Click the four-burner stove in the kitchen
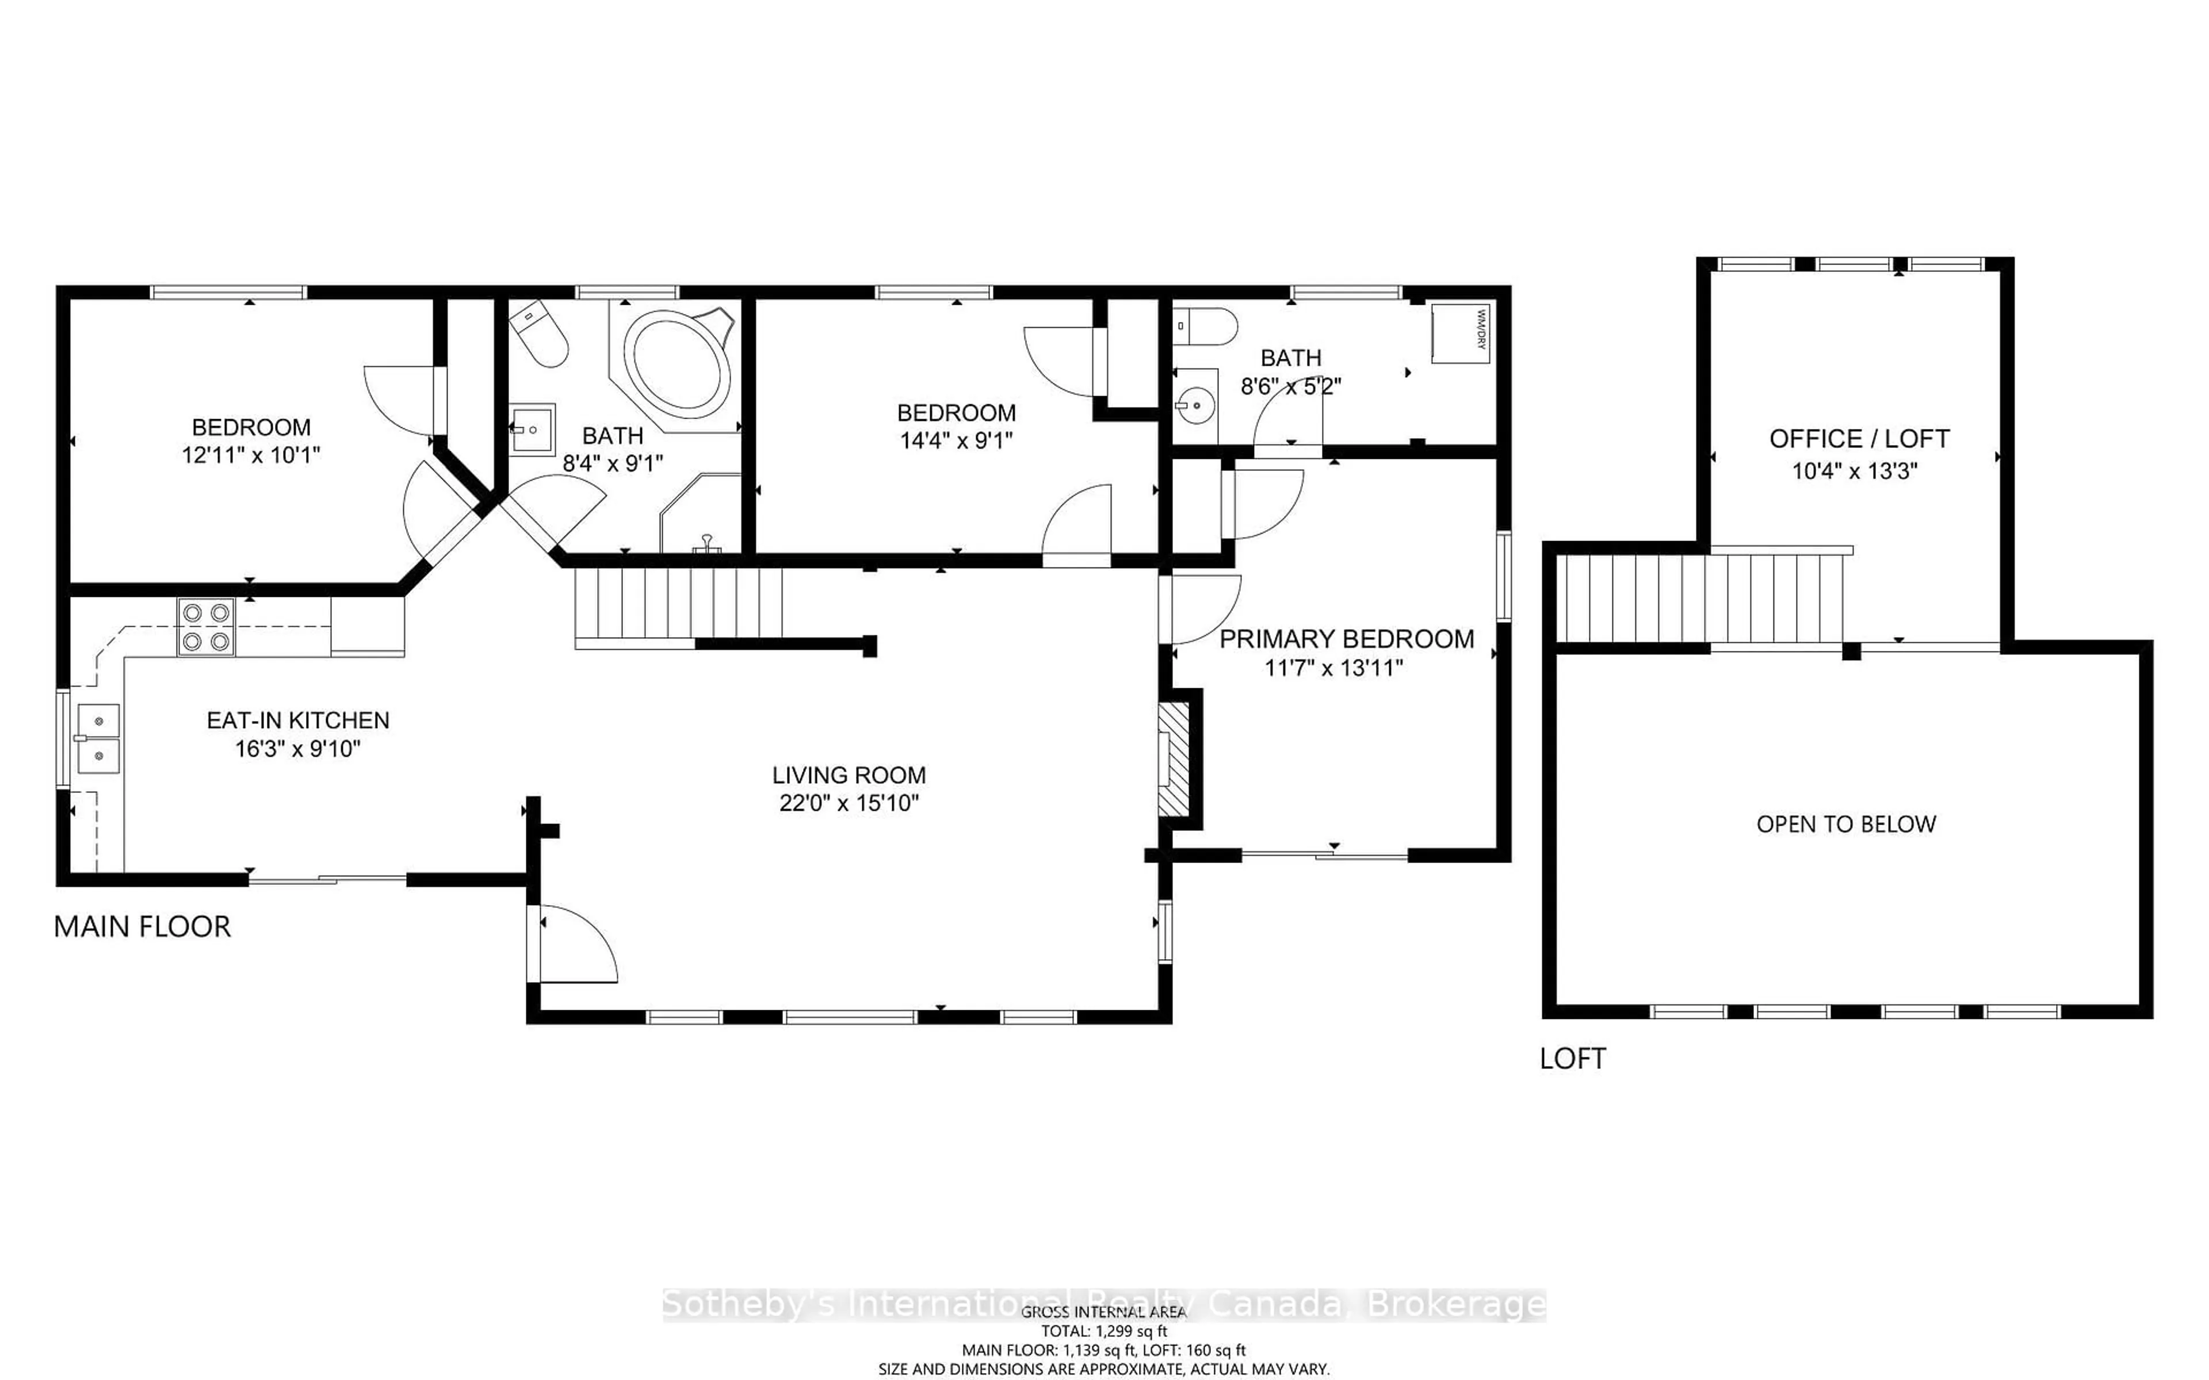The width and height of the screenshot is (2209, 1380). point(205,627)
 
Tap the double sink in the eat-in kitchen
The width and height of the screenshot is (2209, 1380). point(98,738)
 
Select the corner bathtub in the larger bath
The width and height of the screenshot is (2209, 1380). point(677,363)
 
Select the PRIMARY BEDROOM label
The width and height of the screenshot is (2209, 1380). point(1346,639)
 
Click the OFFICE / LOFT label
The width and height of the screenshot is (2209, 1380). point(1859,439)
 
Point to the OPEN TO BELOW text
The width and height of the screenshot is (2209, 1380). point(1845,824)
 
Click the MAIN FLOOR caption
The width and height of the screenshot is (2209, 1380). point(143,926)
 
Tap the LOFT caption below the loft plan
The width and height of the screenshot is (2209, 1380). point(1572,1059)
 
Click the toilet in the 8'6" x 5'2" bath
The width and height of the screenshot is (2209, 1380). point(1207,326)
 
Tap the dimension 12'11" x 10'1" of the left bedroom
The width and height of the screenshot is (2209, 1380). point(251,454)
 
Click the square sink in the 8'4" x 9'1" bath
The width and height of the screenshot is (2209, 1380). point(532,429)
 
